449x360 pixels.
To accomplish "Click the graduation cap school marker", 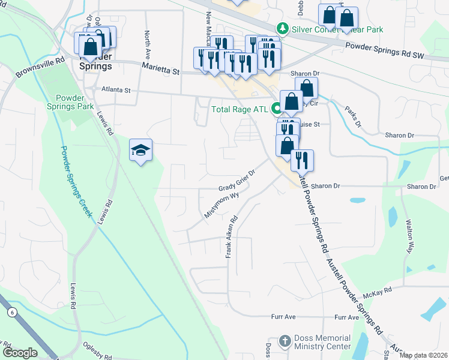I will click(x=140, y=150).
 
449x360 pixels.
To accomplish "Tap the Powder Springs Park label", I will click(x=74, y=102).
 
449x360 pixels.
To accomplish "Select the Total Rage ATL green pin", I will click(x=277, y=109).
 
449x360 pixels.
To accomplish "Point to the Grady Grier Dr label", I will click(x=237, y=180).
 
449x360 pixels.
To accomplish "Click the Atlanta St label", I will click(x=116, y=90).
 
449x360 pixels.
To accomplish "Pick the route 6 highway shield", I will click(x=11, y=313).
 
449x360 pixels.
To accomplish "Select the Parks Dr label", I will click(x=352, y=116).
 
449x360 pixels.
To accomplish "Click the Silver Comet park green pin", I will click(x=281, y=28).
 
